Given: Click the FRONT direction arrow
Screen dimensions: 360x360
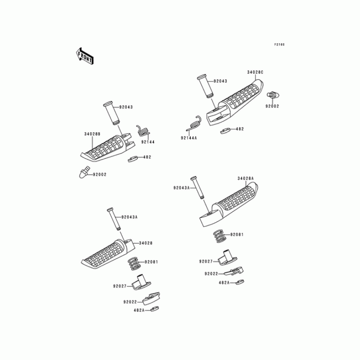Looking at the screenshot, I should pyautogui.click(x=84, y=55).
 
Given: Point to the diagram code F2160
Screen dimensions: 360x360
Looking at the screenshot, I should pyautogui.click(x=280, y=45).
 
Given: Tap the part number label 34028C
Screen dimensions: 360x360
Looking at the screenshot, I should pyautogui.click(x=255, y=72).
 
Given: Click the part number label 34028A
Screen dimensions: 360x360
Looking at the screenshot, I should pyautogui.click(x=246, y=179).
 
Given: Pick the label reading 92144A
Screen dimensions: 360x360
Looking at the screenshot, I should pyautogui.click(x=189, y=138).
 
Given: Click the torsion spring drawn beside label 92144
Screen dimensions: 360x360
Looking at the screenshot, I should pyautogui.click(x=143, y=131).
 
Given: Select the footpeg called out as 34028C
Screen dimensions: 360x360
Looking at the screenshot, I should pyautogui.click(x=236, y=101).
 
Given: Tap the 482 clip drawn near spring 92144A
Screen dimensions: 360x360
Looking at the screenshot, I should pyautogui.click(x=225, y=130).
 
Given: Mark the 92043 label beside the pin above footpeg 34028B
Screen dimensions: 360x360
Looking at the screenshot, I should pyautogui.click(x=127, y=107).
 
